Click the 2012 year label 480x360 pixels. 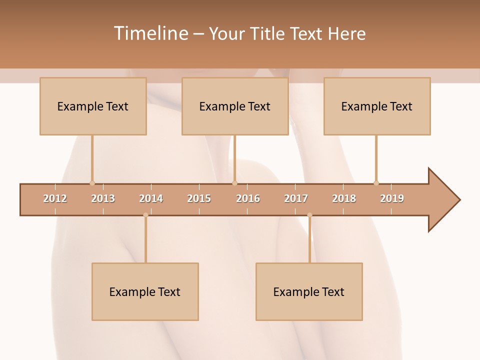(55, 198)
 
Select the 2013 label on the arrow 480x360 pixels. (103, 198)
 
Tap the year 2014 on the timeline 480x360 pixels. (151, 198)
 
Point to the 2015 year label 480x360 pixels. (199, 198)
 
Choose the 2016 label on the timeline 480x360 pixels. (248, 198)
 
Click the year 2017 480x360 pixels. (296, 198)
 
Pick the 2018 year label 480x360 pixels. (344, 198)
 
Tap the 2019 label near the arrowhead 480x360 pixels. (392, 198)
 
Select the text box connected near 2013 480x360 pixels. (93, 106)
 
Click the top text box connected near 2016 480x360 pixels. (235, 106)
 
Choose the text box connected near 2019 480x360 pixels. (377, 106)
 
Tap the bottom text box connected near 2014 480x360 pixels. (145, 291)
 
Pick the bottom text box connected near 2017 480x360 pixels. (309, 291)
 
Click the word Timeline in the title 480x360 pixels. (150, 33)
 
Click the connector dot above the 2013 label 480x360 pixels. (92, 183)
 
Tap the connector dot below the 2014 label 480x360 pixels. (145, 215)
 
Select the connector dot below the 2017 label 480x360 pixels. (309, 215)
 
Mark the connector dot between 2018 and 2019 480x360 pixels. (376, 183)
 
